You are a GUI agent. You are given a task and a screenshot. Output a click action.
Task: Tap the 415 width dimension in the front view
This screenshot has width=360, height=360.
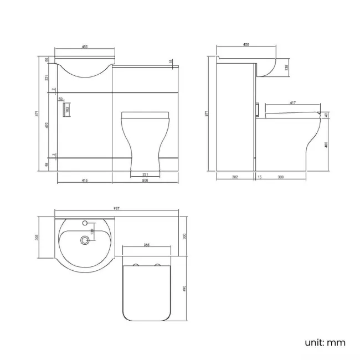point(85,180)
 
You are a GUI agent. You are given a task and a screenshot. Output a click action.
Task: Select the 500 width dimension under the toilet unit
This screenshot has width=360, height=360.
point(145,180)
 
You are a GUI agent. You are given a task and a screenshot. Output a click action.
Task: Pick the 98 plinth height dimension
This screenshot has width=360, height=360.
point(47,165)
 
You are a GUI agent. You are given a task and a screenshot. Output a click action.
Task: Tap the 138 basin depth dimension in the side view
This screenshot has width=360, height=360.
point(286,68)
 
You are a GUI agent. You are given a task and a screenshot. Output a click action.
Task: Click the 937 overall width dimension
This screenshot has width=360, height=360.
point(117,208)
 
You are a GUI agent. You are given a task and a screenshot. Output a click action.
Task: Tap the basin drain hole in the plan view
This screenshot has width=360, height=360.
point(85,240)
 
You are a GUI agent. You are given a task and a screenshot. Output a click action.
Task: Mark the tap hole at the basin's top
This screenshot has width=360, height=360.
point(85,223)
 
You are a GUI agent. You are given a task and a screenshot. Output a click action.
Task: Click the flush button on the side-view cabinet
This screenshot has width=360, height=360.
point(258,109)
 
